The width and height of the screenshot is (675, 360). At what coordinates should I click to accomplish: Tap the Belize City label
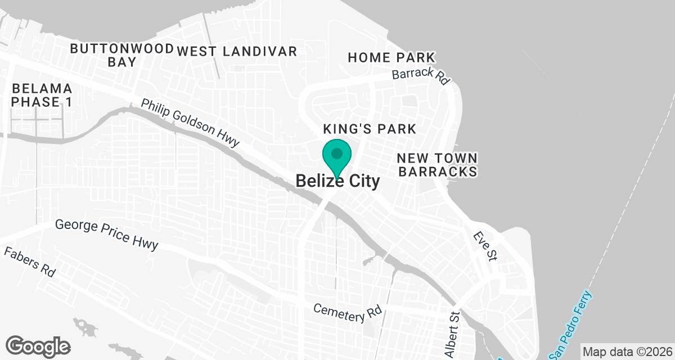click(x=337, y=181)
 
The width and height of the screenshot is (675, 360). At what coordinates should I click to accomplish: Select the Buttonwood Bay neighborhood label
click(x=121, y=55)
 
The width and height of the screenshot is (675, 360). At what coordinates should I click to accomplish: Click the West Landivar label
click(x=237, y=51)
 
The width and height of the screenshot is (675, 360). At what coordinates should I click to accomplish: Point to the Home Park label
click(x=391, y=57)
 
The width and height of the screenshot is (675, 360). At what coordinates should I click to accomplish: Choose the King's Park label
click(x=370, y=129)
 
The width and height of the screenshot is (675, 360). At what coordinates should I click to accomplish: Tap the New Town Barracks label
click(x=438, y=164)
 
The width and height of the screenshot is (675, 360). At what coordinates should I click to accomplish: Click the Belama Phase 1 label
click(x=42, y=95)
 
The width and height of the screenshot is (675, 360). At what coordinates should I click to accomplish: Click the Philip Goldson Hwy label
click(x=190, y=124)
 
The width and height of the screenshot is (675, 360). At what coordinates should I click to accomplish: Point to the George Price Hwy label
click(x=107, y=235)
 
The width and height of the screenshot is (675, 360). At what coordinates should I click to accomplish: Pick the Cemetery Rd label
click(x=348, y=313)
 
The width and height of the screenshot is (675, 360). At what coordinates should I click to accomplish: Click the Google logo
click(x=38, y=346)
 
